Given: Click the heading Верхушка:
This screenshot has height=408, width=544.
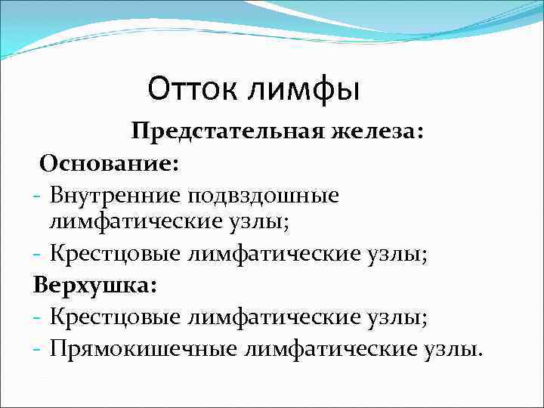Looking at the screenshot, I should tap(95, 287).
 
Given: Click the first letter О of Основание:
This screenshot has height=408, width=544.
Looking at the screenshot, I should tap(48, 163).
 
